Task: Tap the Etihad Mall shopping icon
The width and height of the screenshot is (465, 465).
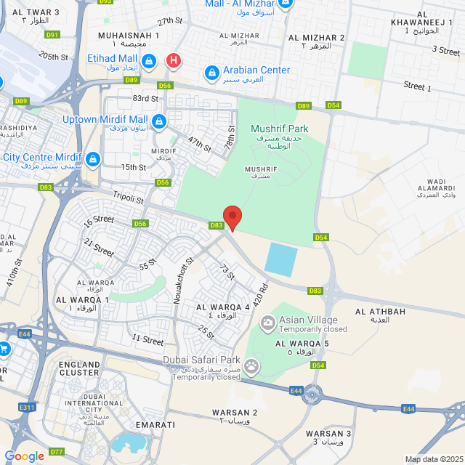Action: point(148,60)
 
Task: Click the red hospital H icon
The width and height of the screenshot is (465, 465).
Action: point(173,60)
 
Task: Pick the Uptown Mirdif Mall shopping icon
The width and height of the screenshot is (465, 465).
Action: point(159,121)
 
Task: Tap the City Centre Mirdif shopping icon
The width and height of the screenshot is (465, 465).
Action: point(92,158)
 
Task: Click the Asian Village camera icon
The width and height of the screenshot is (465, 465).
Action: point(268,321)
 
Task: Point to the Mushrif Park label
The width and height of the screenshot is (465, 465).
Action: point(280,129)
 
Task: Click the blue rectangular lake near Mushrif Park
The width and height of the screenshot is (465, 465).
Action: point(281,259)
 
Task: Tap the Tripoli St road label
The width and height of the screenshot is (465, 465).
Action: point(129,196)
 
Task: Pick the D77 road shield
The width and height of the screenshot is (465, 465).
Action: point(57,452)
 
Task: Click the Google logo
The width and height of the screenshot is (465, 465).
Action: point(24,456)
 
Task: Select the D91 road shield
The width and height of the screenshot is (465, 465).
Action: point(52,34)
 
